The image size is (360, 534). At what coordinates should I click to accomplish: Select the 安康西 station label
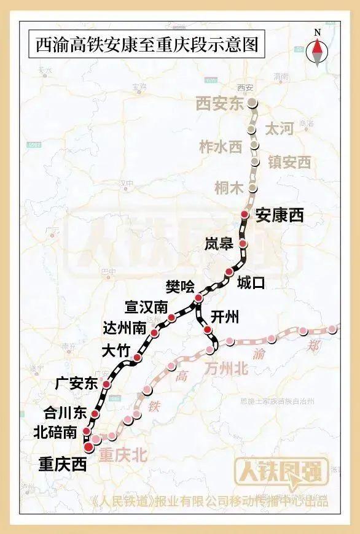pos(280,215)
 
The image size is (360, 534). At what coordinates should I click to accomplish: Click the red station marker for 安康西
pos(245,214)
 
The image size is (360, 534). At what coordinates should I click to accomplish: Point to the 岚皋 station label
pos(219,244)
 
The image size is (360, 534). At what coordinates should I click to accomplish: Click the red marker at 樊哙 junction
pos(198,298)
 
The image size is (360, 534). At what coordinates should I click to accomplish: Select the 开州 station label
pos(225,317)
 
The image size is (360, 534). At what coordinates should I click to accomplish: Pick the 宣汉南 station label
pos(145,306)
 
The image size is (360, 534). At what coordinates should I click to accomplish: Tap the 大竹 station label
pos(115,351)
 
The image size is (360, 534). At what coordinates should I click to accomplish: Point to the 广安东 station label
pos(76,384)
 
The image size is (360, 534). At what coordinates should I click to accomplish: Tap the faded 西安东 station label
pos(220,104)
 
